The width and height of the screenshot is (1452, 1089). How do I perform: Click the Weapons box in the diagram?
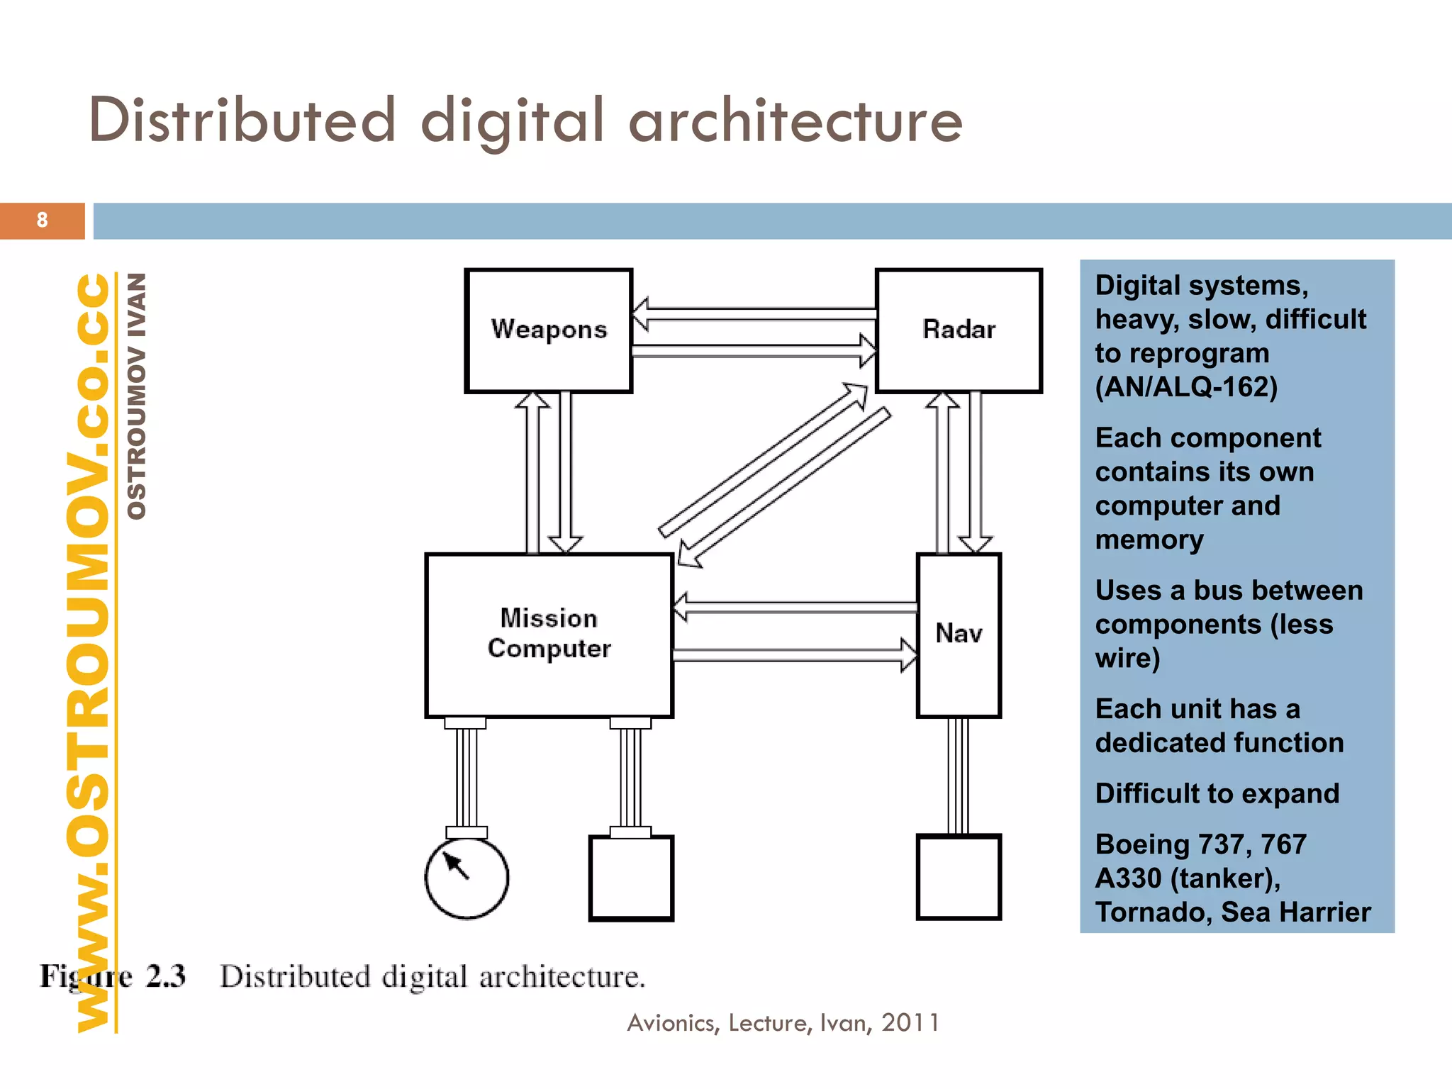548,330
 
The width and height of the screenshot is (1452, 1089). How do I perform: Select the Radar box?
959,330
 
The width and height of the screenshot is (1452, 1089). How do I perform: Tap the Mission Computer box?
549,635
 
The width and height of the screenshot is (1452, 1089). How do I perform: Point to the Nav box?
959,635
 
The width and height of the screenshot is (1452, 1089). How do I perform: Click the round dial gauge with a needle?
467,878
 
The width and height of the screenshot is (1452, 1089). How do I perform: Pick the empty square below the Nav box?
959,878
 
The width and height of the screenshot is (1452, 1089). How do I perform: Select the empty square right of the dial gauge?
631,878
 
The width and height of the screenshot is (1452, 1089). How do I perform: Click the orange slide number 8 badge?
43,220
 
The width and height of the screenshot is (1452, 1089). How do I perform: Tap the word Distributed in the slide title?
242,121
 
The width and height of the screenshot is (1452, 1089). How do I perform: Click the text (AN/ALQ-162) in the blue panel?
1186,387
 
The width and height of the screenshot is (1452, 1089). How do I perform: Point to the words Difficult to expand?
1217,793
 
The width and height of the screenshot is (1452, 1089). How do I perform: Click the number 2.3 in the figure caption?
166,976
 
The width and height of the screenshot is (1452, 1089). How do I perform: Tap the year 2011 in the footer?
910,1023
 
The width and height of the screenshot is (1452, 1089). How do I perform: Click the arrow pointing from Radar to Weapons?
754,314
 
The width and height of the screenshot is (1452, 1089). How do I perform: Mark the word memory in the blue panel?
1149,540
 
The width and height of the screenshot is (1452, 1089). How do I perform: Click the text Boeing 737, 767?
1200,844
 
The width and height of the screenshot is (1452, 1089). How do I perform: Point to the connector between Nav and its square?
959,776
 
